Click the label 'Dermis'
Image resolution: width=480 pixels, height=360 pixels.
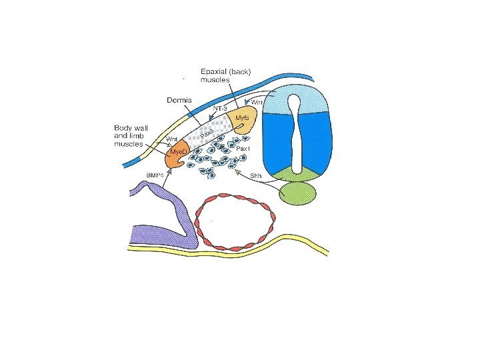coord(179,99)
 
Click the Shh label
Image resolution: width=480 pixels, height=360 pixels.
coord(255,175)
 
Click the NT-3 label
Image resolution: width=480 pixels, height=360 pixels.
coord(221,106)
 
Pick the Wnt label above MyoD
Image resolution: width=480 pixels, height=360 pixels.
coord(172,139)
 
